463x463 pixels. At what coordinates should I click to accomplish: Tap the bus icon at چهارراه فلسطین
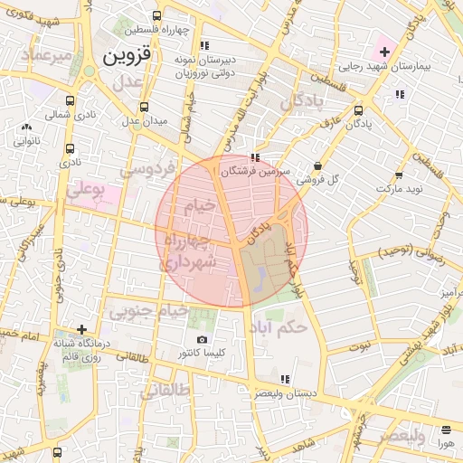click(158, 15)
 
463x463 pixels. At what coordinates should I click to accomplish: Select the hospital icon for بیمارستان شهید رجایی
click(383, 51)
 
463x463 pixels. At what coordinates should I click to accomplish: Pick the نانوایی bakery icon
click(24, 127)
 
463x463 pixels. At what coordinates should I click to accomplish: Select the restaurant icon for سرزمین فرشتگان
click(254, 156)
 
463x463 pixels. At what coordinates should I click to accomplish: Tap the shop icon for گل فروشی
click(317, 165)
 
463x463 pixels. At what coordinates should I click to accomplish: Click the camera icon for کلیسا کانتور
click(201, 340)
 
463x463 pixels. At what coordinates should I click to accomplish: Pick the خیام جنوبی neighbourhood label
click(150, 311)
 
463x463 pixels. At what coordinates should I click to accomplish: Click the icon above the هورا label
click(445, 430)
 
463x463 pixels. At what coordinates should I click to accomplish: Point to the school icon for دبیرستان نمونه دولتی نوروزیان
click(204, 44)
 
